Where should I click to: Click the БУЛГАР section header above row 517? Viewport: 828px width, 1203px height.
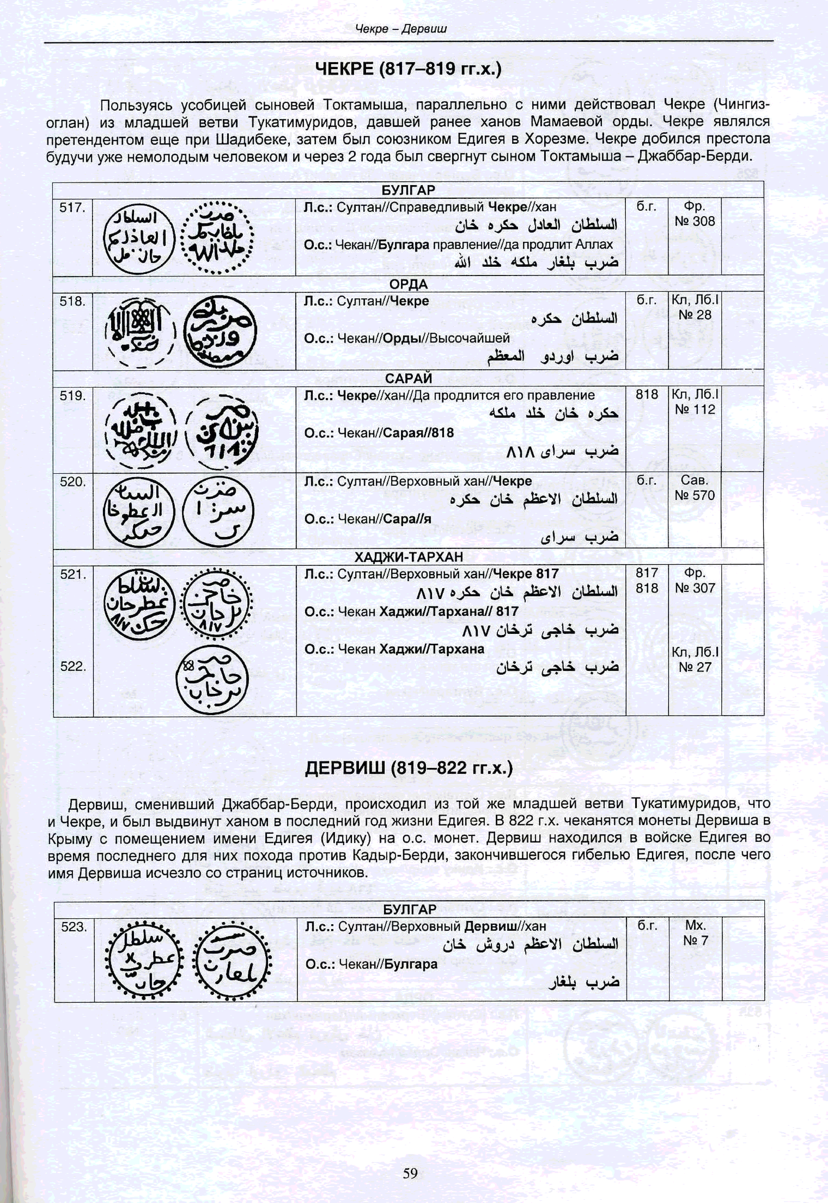coord(408,190)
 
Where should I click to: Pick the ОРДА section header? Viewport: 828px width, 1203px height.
coord(408,284)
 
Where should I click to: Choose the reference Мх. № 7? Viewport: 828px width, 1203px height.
coord(695,933)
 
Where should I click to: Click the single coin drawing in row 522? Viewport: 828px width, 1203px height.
coord(212,679)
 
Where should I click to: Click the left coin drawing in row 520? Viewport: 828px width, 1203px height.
coord(139,512)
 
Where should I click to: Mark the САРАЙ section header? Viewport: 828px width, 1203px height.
coord(408,378)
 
